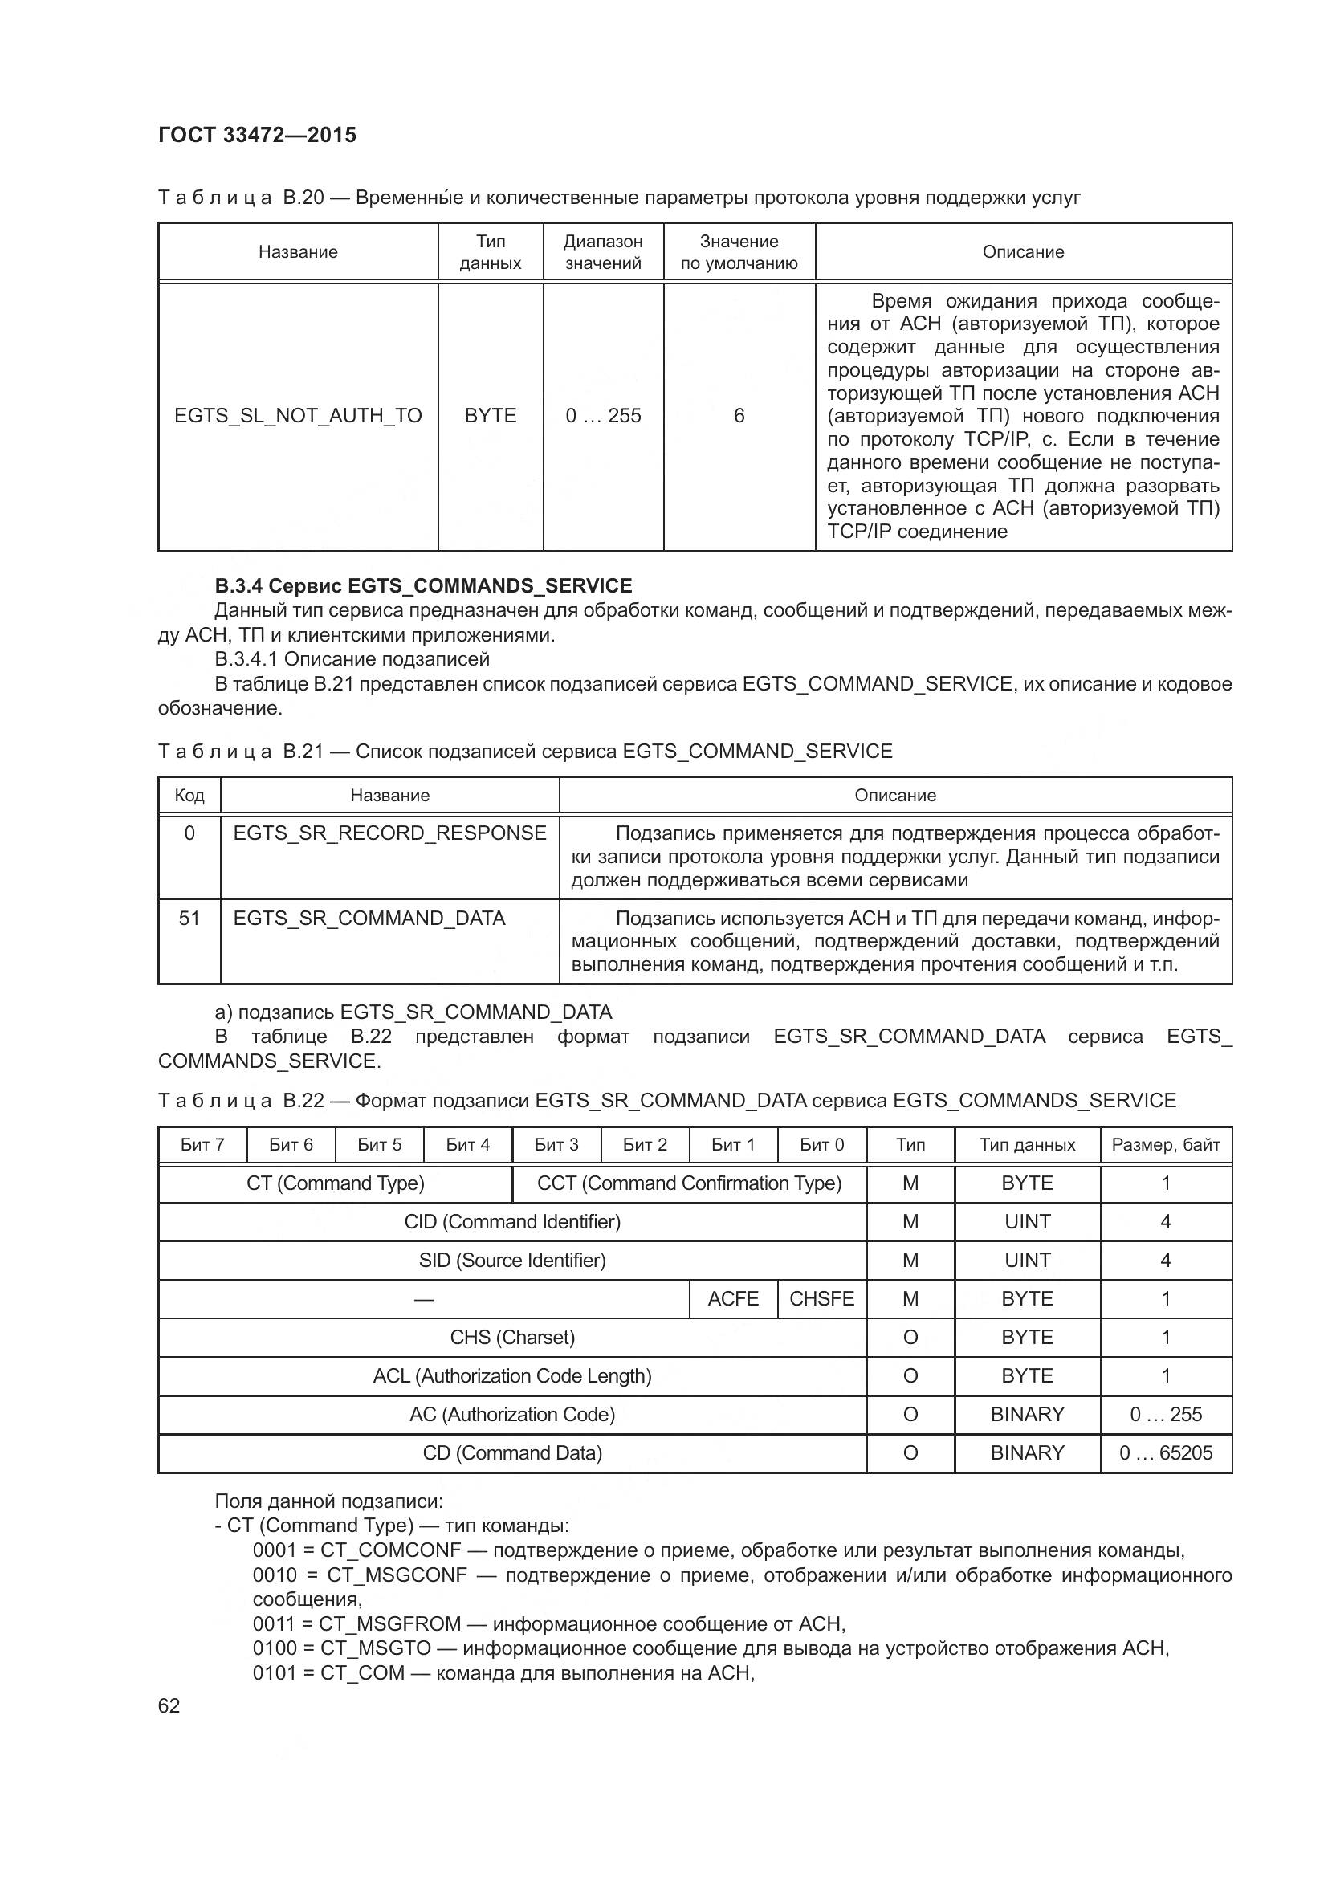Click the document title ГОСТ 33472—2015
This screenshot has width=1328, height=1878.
pos(257,135)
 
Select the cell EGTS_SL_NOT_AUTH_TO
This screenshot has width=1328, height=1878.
pos(298,416)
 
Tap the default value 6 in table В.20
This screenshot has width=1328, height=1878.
pos(739,416)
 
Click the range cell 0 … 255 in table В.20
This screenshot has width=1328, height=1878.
pos(603,416)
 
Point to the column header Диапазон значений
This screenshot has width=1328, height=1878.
pos(603,252)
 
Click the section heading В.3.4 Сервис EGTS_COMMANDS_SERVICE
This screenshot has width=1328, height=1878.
pos(423,585)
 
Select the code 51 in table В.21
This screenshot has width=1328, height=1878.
pos(189,918)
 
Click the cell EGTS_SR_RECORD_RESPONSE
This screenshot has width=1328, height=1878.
pos(389,833)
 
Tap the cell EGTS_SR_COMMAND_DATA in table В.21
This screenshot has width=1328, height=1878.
pos(369,918)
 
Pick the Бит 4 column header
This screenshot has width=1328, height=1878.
pos(468,1144)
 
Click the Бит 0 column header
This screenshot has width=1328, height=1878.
pos(821,1144)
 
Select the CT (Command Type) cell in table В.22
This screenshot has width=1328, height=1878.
pos(336,1183)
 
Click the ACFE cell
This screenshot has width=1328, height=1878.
pos(733,1298)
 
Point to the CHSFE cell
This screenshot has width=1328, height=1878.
pos(821,1298)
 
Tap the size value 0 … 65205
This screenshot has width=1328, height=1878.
pos(1165,1452)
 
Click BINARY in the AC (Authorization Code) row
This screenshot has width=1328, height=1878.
pos(1027,1414)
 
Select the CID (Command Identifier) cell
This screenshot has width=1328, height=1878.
pos(512,1221)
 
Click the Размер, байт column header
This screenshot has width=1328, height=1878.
pos(1165,1144)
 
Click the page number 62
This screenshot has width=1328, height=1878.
pos(169,1705)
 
